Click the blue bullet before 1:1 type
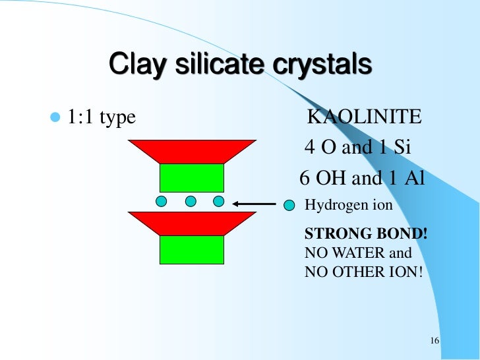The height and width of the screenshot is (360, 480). click(x=54, y=118)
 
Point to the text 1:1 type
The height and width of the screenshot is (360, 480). click(x=100, y=118)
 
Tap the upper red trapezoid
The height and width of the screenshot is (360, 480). click(x=192, y=151)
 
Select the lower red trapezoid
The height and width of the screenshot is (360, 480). click(x=192, y=223)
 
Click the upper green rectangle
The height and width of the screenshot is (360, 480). click(x=192, y=177)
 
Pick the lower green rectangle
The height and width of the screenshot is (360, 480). click(x=192, y=249)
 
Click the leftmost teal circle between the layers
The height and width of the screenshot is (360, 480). click(x=162, y=201)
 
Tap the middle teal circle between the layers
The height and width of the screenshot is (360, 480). click(x=191, y=201)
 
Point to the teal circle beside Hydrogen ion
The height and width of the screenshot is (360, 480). click(x=289, y=205)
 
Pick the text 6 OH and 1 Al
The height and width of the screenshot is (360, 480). click(x=361, y=178)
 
